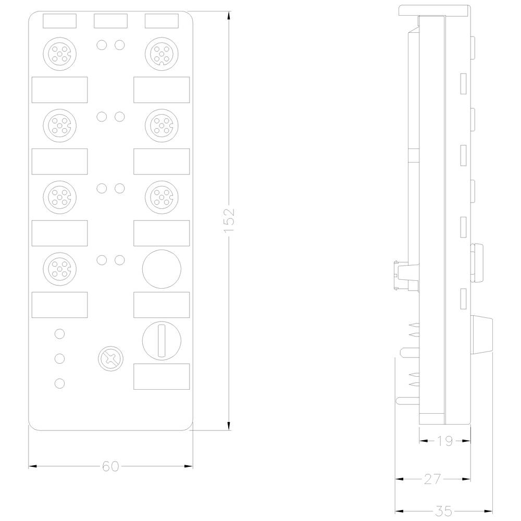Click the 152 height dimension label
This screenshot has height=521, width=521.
230,220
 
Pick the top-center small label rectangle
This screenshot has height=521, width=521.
110,21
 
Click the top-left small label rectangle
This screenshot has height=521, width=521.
59,21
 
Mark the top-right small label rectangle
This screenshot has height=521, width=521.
161,21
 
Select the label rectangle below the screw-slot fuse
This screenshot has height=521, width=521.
161,376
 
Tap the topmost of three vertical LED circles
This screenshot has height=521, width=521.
59,333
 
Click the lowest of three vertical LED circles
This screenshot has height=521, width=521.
59,383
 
